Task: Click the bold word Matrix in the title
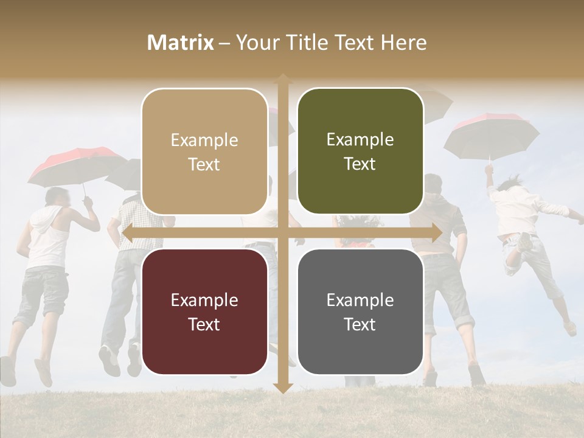pyautogui.click(x=181, y=43)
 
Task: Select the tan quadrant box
pyautogui.click(x=204, y=151)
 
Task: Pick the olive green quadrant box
pyautogui.click(x=360, y=151)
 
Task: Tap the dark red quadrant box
pyautogui.click(x=204, y=311)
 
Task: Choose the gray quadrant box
pyautogui.click(x=360, y=311)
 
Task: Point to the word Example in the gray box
pyautogui.click(x=360, y=300)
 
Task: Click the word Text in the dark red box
pyautogui.click(x=204, y=324)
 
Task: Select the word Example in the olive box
pyautogui.click(x=360, y=140)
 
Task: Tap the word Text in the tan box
pyautogui.click(x=204, y=164)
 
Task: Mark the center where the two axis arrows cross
pyautogui.click(x=282, y=233)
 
